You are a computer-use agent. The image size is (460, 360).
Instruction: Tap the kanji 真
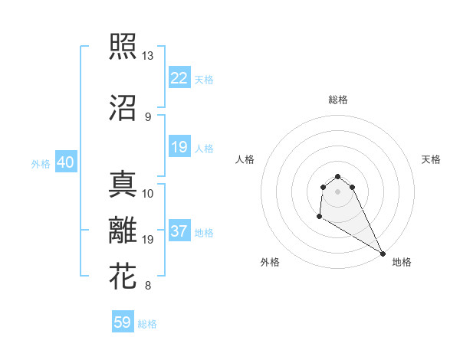coord(123,184)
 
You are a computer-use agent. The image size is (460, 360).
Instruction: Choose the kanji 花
coord(123,276)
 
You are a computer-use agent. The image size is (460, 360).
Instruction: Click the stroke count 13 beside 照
coord(148,56)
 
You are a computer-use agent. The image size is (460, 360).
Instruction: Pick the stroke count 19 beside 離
coord(148,240)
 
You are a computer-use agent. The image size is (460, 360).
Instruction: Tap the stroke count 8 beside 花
coord(147,286)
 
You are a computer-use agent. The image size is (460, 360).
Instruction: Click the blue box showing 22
coord(179,78)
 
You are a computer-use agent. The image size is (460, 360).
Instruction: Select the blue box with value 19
coord(179,147)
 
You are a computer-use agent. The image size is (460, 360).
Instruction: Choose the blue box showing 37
coord(179,231)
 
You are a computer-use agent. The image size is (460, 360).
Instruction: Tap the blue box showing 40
coord(65,162)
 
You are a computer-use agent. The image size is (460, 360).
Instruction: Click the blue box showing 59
coord(123,322)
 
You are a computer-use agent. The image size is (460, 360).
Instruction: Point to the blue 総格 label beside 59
coord(147,324)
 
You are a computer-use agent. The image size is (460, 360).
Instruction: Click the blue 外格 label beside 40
coord(40,163)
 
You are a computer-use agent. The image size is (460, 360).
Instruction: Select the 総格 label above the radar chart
coord(338,100)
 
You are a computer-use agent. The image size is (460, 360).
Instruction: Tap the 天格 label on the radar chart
coord(431,159)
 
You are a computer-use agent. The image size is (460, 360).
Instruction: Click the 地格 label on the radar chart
coord(402,262)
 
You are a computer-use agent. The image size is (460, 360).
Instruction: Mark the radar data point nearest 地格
coord(383,254)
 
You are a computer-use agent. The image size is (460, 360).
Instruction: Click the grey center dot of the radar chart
coord(338,191)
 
